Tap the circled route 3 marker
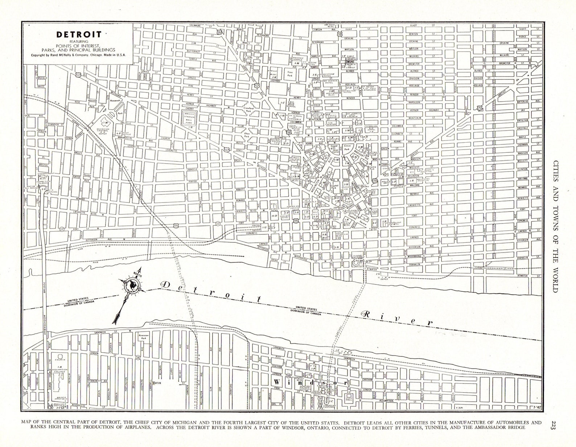(50, 408)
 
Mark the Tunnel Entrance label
(358, 257)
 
